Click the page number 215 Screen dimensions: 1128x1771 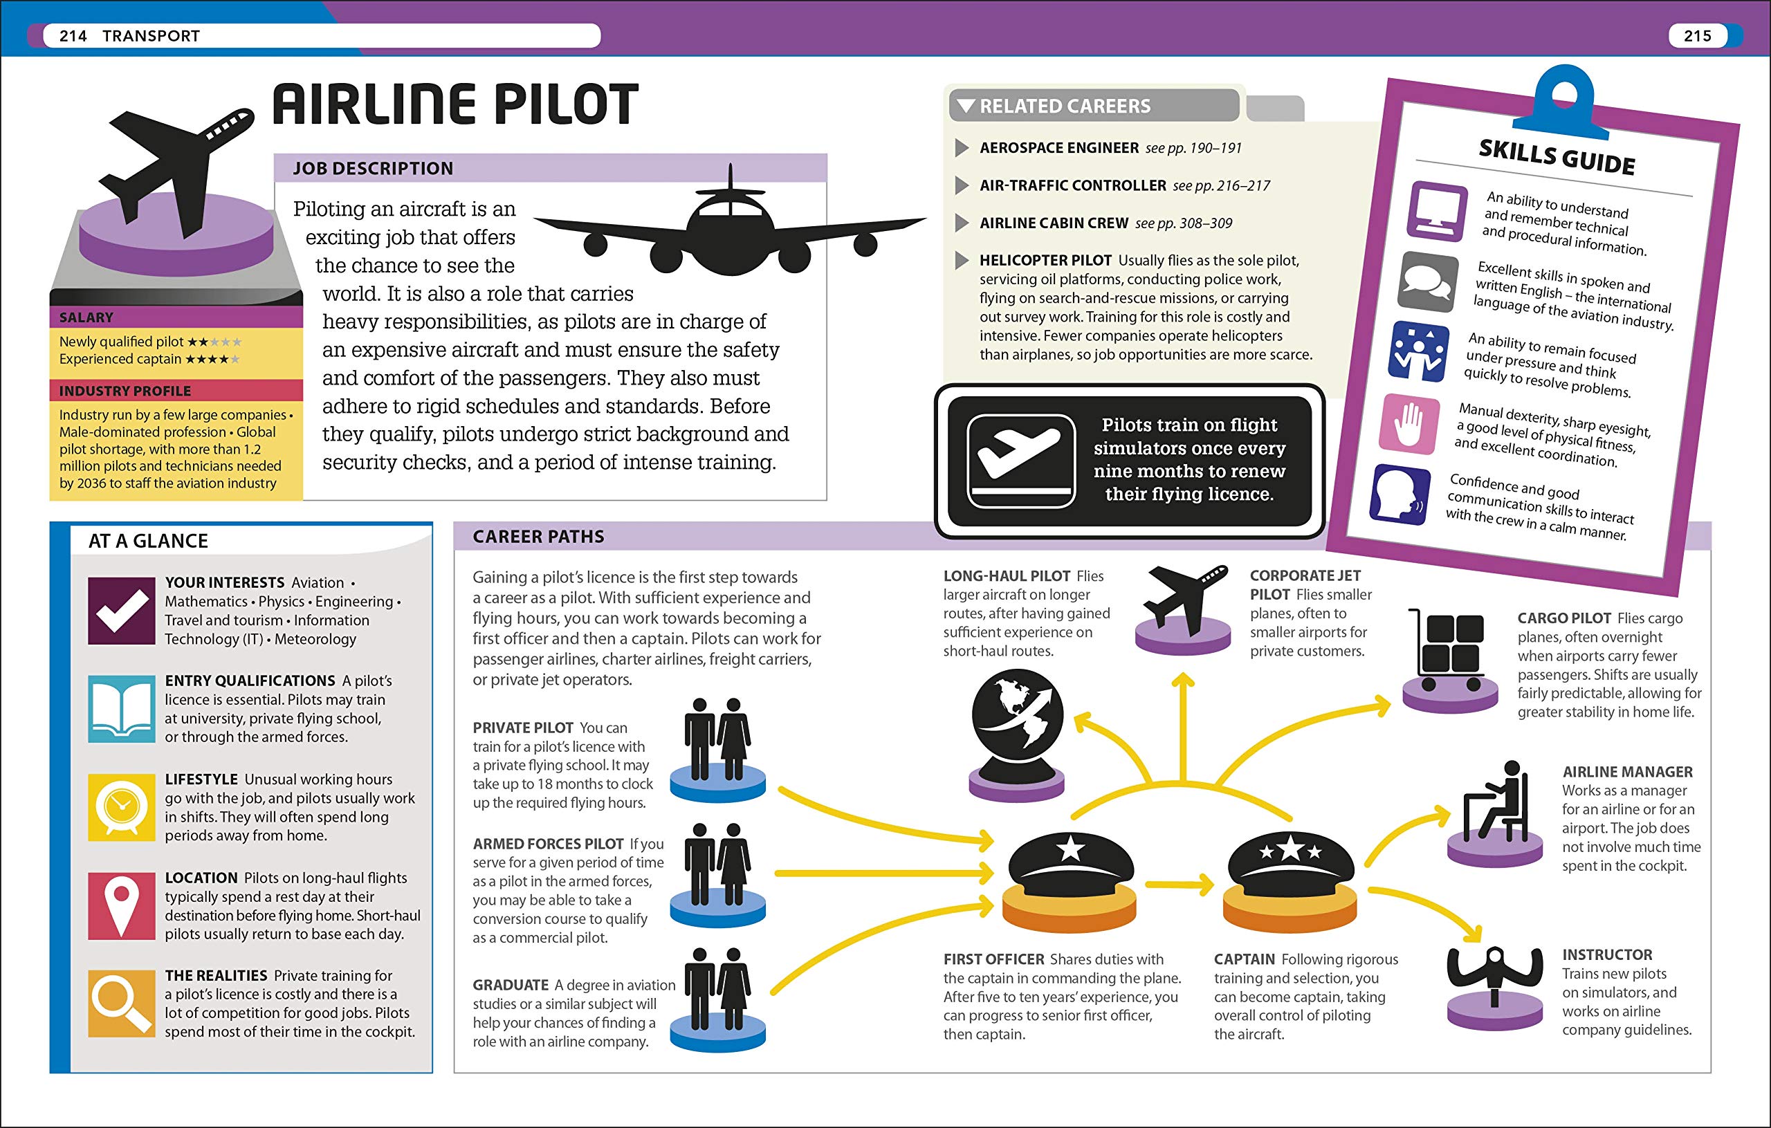[1697, 36]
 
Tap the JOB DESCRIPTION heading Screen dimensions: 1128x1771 [373, 168]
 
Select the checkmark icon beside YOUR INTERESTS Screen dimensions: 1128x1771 [121, 610]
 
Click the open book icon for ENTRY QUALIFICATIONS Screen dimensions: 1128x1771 [121, 709]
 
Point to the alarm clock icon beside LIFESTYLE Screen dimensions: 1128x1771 [121, 807]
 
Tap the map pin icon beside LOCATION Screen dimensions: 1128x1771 [121, 906]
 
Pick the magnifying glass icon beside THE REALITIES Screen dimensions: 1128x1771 [121, 1004]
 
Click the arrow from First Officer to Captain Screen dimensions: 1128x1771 [1179, 884]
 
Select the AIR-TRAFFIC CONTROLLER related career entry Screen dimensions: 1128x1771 [1073, 185]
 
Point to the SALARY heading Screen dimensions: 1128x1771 [86, 317]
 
